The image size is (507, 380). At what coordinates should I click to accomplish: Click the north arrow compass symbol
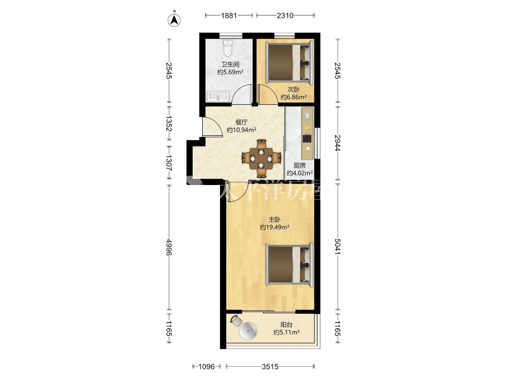click(174, 20)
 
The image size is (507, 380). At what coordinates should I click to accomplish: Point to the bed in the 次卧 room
click(289, 62)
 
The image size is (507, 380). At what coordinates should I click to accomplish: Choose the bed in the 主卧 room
click(289, 265)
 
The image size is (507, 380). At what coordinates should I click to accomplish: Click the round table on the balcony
click(248, 331)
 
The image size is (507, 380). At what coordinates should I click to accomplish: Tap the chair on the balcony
click(236, 321)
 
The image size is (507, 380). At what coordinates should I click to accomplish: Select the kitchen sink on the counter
click(307, 115)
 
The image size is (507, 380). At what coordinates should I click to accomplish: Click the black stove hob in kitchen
click(307, 138)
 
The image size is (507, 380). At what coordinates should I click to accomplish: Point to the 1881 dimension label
click(229, 15)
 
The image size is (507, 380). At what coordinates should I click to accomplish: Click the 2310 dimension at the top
click(285, 15)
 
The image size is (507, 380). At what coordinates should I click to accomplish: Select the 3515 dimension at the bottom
click(270, 366)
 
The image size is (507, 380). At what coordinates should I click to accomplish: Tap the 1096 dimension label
click(206, 366)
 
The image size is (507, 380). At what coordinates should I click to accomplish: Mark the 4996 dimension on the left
click(169, 247)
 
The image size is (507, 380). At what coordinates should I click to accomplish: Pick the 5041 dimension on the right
click(338, 246)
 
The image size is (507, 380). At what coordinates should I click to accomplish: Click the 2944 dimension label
click(338, 143)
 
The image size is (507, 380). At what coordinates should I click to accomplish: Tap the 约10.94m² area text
click(242, 130)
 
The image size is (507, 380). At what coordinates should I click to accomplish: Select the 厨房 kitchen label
click(300, 165)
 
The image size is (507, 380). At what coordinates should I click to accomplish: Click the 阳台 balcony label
click(286, 325)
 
